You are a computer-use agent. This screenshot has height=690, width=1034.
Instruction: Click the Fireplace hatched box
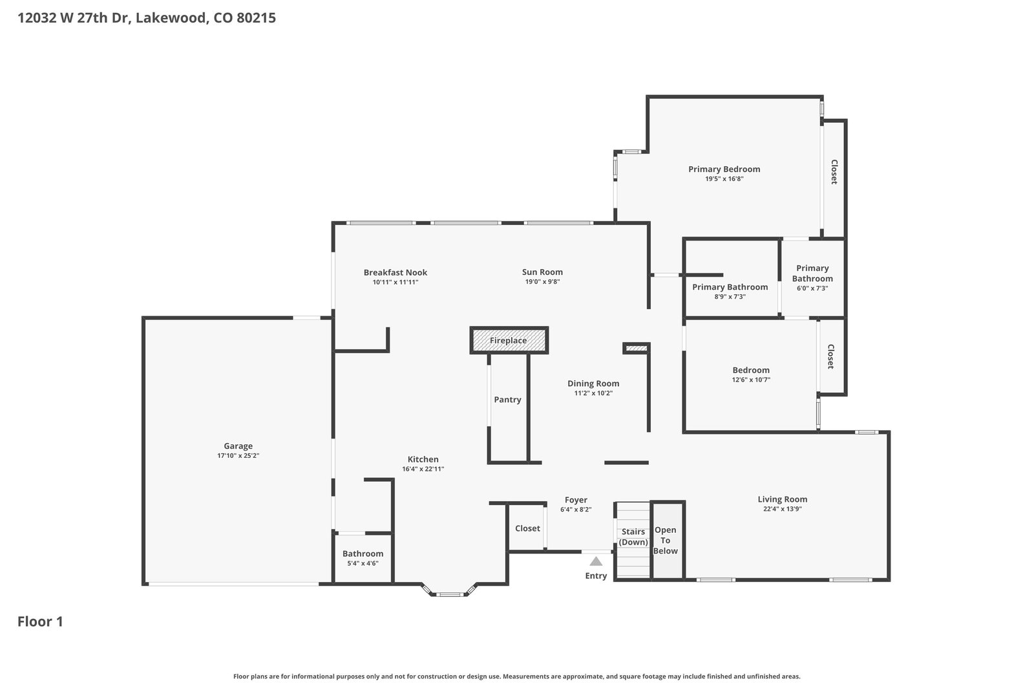click(x=509, y=340)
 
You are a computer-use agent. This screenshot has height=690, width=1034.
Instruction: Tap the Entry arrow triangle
click(x=596, y=561)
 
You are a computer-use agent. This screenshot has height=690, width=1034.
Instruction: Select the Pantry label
click(x=507, y=400)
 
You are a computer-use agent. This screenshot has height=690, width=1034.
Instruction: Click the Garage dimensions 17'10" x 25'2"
click(x=238, y=456)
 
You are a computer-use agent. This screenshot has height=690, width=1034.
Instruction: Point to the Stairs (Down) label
click(x=633, y=537)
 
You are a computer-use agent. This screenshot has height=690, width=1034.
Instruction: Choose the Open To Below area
click(x=666, y=541)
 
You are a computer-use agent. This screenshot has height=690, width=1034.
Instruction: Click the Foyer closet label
click(x=527, y=528)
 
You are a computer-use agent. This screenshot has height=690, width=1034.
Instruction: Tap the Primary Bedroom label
click(x=724, y=169)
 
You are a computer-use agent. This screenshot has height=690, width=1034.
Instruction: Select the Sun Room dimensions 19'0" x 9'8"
click(x=542, y=282)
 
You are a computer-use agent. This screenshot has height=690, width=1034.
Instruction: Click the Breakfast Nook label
click(x=396, y=272)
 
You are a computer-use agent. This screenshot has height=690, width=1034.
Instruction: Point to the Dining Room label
click(x=593, y=383)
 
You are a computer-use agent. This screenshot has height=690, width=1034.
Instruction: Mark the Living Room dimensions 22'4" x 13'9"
click(x=783, y=509)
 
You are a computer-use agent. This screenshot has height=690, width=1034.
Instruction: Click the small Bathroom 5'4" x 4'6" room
click(x=363, y=558)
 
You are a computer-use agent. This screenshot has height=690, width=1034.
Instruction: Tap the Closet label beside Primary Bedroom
click(x=834, y=172)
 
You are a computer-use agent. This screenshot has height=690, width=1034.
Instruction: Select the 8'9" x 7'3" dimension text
click(x=730, y=297)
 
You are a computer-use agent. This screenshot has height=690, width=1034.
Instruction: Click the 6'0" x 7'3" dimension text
click(x=812, y=288)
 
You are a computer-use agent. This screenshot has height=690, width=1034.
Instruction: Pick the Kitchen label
click(x=423, y=460)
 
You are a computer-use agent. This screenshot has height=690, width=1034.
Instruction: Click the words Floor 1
click(x=40, y=621)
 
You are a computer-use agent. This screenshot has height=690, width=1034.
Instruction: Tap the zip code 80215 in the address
click(x=256, y=18)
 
